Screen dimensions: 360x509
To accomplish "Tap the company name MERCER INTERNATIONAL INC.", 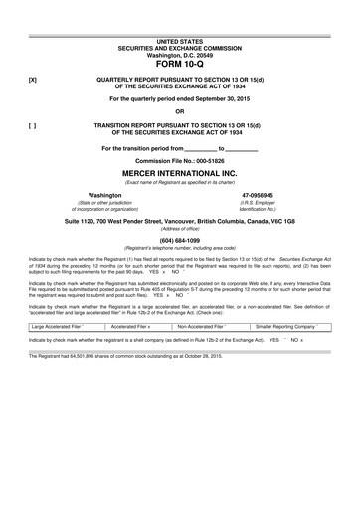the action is pyautogui.click(x=180, y=171).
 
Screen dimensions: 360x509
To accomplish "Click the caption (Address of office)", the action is pyautogui.click(x=180, y=227).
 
